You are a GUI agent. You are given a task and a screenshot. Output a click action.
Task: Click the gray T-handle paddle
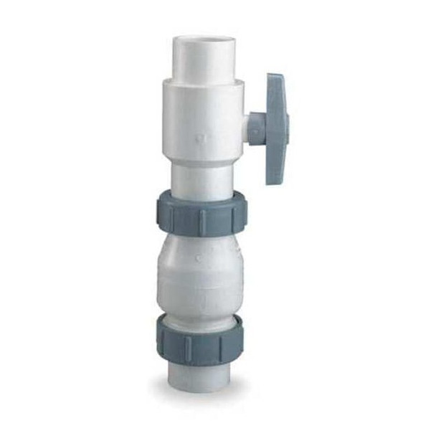tap(277, 129)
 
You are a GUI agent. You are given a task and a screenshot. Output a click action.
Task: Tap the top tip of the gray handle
tap(275, 76)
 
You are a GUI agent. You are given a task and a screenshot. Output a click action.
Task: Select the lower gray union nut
tap(200, 339)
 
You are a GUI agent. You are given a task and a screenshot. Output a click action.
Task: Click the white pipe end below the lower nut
tap(200, 374)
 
